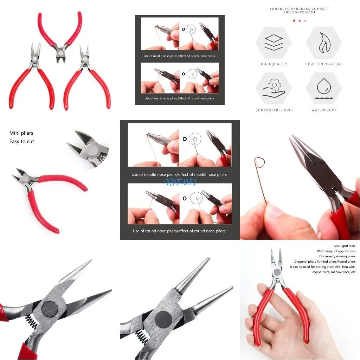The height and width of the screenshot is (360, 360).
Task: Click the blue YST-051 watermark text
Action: (181, 182)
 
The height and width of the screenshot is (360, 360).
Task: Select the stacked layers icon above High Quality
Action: (274, 43)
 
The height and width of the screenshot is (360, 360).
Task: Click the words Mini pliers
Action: (21, 133)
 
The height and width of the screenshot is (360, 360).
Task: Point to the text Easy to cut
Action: (22, 141)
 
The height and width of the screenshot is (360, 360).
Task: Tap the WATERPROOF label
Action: (324, 110)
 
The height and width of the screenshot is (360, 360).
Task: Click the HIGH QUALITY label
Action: (274, 64)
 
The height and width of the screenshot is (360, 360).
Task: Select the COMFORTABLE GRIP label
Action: (274, 110)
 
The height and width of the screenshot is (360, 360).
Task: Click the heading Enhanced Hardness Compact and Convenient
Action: (299, 11)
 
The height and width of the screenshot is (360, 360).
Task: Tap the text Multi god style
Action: (345, 246)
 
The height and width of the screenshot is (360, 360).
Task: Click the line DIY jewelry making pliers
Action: (337, 256)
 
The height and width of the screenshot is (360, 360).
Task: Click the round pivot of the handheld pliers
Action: (277, 272)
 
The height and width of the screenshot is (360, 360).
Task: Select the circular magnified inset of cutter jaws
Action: (88, 149)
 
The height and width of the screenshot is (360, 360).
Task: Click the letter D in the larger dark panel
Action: (185, 139)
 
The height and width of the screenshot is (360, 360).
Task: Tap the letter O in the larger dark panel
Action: (185, 199)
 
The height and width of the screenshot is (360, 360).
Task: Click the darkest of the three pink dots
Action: (294, 20)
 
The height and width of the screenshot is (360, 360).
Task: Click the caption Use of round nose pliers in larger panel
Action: (179, 231)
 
